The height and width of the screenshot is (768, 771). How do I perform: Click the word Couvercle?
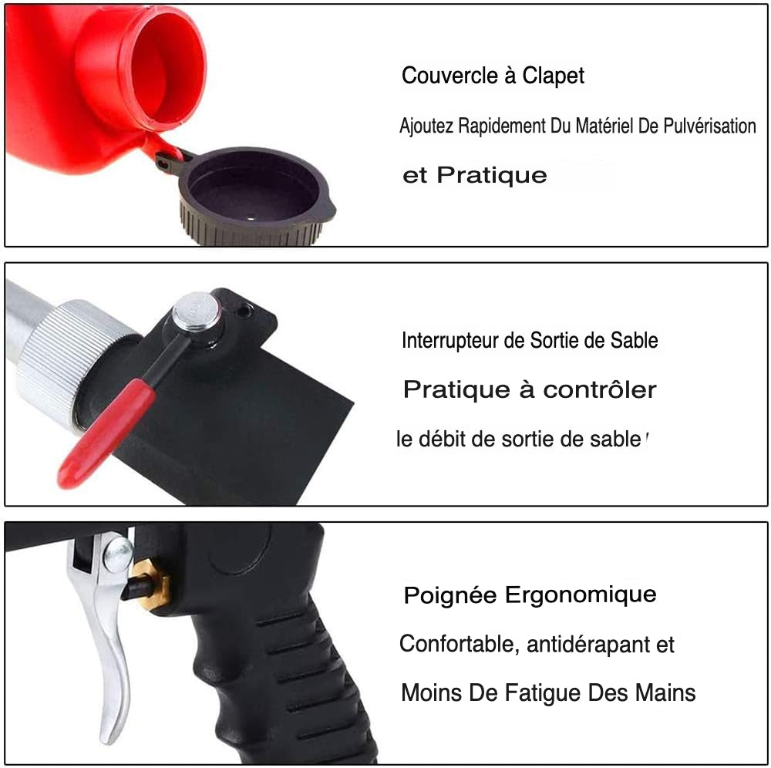click(450, 76)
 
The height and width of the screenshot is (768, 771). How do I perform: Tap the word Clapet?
click(553, 76)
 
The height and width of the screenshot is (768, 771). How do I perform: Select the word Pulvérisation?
click(709, 126)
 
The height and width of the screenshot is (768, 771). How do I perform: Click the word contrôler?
click(599, 390)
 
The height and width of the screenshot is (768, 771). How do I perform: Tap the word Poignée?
click(450, 596)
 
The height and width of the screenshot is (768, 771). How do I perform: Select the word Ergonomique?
click(581, 596)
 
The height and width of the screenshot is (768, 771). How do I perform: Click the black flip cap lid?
click(253, 197)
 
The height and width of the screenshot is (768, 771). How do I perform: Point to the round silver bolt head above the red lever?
click(196, 312)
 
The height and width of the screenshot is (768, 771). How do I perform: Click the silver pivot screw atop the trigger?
click(118, 554)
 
